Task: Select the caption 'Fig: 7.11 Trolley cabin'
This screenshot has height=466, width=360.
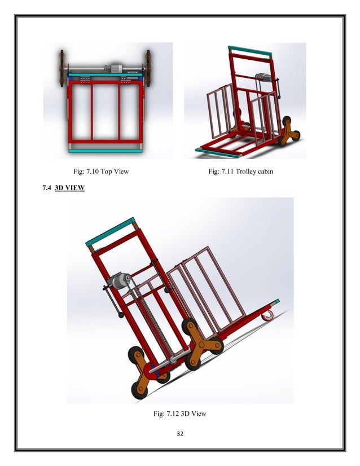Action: [x=240, y=171]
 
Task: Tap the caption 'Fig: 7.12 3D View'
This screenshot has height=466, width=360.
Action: [x=179, y=414]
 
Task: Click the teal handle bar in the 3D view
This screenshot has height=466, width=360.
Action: [x=110, y=232]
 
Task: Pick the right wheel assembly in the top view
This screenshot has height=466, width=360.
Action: [x=148, y=68]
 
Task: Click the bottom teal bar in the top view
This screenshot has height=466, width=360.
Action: [x=106, y=150]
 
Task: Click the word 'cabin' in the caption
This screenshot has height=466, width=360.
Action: [x=264, y=171]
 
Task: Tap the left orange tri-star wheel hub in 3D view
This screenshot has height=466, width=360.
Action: [x=143, y=371]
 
